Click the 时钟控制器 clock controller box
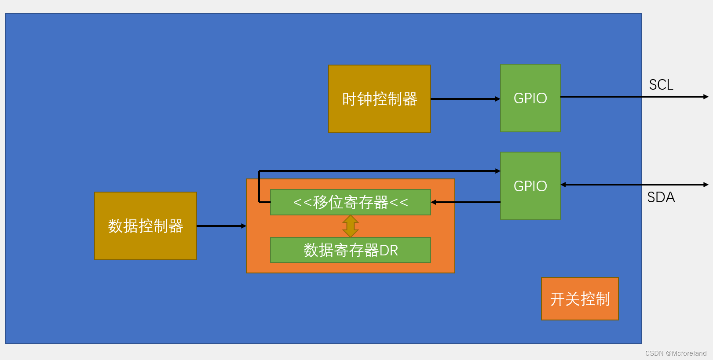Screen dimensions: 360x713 click(x=379, y=99)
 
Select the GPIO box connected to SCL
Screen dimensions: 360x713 click(x=530, y=98)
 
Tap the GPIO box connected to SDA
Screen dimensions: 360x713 click(x=530, y=186)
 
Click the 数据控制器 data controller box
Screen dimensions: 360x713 click(x=145, y=226)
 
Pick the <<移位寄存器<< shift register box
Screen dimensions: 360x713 click(x=350, y=202)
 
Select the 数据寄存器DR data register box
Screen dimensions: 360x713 click(x=350, y=250)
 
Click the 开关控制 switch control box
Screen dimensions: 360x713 click(x=579, y=299)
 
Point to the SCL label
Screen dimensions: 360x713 click(x=661, y=85)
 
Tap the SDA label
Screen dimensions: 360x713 click(x=661, y=197)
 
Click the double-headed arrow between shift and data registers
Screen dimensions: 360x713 click(x=350, y=226)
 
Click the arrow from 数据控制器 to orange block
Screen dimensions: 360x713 click(x=221, y=226)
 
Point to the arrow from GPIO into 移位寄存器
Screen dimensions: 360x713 click(x=465, y=202)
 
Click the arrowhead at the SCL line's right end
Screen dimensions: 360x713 click(x=706, y=97)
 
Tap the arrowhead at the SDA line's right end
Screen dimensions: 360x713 click(x=706, y=185)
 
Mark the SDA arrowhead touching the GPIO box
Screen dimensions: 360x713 click(x=563, y=185)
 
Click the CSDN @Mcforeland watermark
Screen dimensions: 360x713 click(x=676, y=353)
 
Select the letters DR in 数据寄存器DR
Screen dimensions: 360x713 click(x=388, y=251)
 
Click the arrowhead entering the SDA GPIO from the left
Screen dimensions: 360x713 click(x=497, y=171)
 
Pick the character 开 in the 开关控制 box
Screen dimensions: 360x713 click(x=557, y=299)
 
